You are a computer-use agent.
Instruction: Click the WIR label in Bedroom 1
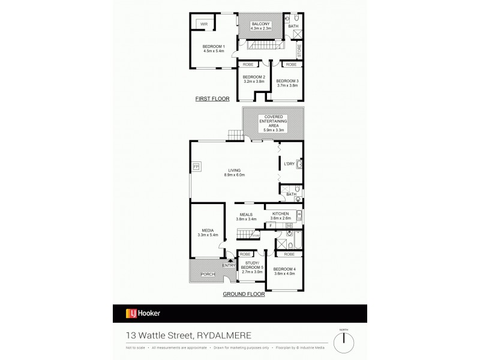(x=196, y=24)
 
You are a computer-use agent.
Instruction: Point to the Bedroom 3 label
(x=288, y=81)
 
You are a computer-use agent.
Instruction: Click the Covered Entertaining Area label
(x=273, y=121)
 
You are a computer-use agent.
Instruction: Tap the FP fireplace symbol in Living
(x=196, y=166)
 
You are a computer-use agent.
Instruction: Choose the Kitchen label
(x=281, y=214)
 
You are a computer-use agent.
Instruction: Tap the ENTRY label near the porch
(x=229, y=265)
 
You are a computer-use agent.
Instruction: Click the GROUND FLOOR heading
(x=244, y=295)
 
